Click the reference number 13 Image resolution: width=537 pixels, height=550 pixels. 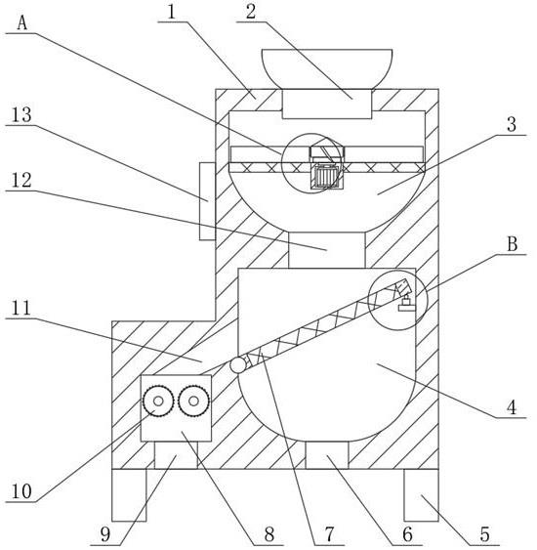tap(21, 114)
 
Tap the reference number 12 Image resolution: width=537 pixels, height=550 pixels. tap(21, 181)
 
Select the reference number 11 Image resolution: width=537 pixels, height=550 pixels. tap(21, 308)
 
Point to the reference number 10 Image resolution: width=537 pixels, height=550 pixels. tap(21, 491)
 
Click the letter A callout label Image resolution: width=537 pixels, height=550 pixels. tap(22, 23)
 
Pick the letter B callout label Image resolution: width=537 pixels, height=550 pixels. tap(513, 244)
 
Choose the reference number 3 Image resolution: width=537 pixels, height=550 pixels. tap(512, 124)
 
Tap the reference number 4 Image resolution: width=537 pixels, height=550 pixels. tap(512, 407)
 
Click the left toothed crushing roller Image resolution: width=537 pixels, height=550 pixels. tap(158, 401)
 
